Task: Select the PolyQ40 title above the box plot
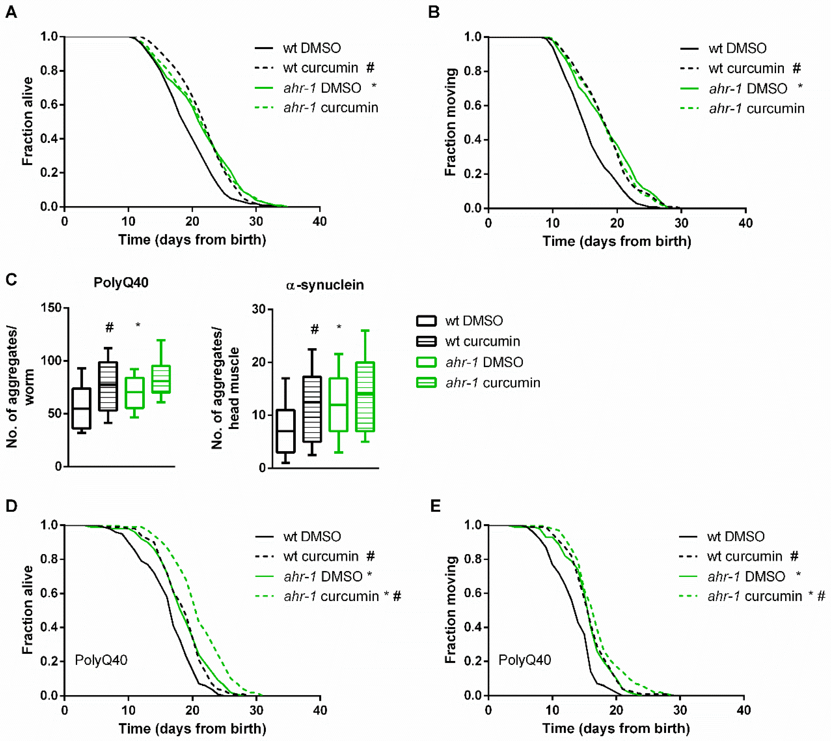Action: coord(121,282)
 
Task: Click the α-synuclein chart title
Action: coord(325,285)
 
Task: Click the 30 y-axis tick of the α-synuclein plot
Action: coord(259,309)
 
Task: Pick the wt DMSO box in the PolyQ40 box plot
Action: coord(81,408)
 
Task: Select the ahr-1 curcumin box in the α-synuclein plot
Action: coord(365,396)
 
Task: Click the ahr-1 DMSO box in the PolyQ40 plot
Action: coord(135,393)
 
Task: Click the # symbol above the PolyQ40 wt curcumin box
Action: coord(109,327)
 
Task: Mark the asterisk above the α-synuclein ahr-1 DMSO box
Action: coord(339,327)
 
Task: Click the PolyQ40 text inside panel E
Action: coord(525,660)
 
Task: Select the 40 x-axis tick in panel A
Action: coord(320,222)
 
